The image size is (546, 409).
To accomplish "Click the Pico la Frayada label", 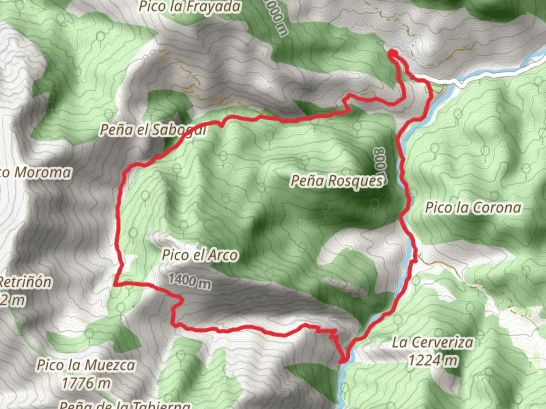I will point(190,7).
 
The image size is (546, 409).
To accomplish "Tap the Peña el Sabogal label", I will point(153,130).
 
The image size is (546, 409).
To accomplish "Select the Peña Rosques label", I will point(337,181).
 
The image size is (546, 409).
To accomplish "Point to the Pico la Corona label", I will point(473,208).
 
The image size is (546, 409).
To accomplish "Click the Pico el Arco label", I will point(200,255).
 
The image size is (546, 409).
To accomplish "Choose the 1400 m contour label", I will point(190,281).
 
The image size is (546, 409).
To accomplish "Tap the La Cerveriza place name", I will point(433,343).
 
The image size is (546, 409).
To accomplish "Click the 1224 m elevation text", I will point(433,360).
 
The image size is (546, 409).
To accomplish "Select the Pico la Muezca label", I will point(86,365).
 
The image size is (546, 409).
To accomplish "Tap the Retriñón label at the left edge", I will point(25,282).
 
